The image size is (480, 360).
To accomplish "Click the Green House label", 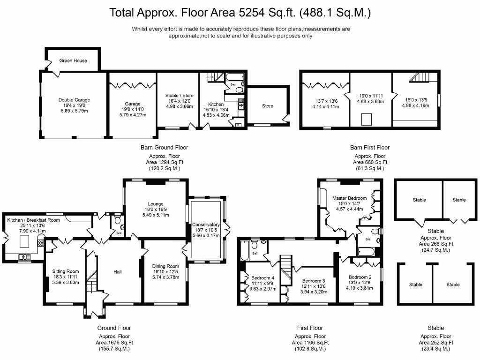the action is [73, 60].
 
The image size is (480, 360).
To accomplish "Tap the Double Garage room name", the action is [75, 100].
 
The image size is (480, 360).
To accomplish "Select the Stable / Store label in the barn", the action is [180, 96].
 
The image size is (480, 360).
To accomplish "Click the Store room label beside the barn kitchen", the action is [268, 106].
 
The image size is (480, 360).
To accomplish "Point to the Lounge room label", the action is [156, 204].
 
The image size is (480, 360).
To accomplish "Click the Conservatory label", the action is [206, 225].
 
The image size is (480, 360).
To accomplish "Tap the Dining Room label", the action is [165, 266].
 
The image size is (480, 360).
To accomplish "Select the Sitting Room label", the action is [66, 271].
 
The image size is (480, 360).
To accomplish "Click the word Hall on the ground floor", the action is [118, 272].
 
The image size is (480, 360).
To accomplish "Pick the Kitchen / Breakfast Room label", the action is [34, 220].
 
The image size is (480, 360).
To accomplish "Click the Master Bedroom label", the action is [350, 198].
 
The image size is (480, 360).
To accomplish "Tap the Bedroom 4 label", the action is [263, 278].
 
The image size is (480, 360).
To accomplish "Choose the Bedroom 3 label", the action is [314, 281].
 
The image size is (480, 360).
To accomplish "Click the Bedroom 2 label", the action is [360, 277].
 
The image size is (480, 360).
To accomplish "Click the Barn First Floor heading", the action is [370, 148].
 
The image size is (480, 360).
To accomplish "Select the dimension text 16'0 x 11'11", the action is [371, 96].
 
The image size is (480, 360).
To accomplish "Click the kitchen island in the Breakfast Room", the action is [24, 241].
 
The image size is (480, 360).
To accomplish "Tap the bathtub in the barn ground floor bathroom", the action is [235, 77].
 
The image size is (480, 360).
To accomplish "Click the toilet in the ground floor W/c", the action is [117, 220].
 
